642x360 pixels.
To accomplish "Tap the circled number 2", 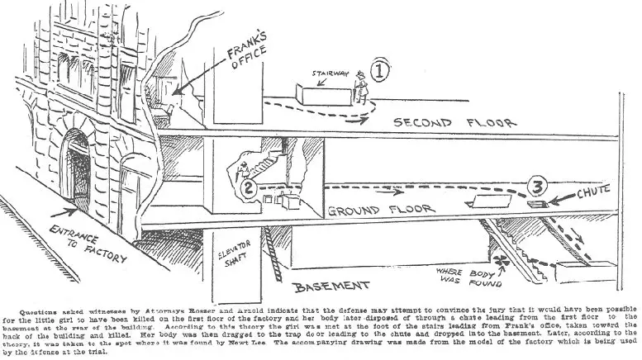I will (245, 190).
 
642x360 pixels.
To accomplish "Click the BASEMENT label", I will (331, 287).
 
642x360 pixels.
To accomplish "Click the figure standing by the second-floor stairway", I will (359, 85).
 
